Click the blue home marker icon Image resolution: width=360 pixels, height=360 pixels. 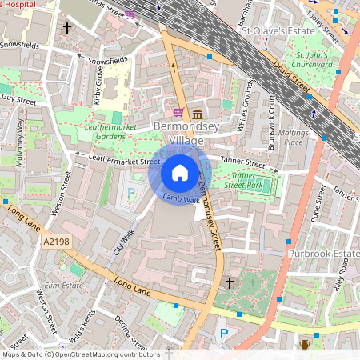pyautogui.click(x=180, y=173)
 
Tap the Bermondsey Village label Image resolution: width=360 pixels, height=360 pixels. pyautogui.click(x=181, y=134)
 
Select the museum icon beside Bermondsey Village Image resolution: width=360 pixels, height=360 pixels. pyautogui.click(x=197, y=114)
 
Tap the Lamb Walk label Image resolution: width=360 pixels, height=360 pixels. pyautogui.click(x=180, y=198)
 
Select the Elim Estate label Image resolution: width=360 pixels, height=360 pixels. pyautogui.click(x=64, y=286)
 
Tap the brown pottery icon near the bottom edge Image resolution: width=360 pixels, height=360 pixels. pyautogui.click(x=305, y=345)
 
